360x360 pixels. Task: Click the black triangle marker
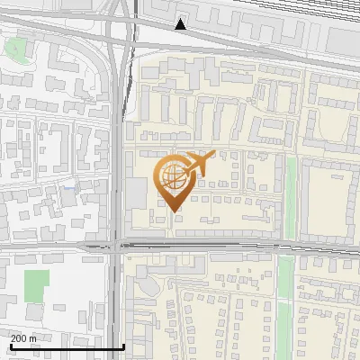pyautogui.click(x=182, y=24)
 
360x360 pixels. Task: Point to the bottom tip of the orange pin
pyautogui.click(x=174, y=211)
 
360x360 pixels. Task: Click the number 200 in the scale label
pyautogui.click(x=19, y=339)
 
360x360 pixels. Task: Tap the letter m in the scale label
pyautogui.click(x=33, y=339)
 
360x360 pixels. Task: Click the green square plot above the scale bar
pyautogui.click(x=37, y=285)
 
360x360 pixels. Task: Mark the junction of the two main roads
pyautogui.click(x=119, y=244)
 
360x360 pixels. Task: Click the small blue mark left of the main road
pyautogui.click(x=68, y=188)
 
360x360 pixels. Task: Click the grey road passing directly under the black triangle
pyautogui.click(x=183, y=43)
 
